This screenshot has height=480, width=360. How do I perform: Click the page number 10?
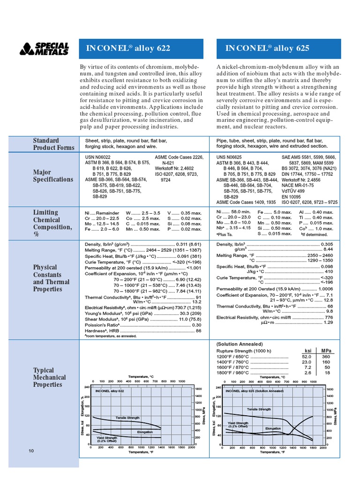click(x=30, y=451)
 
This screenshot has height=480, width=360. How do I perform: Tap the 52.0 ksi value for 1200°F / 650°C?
click(x=307, y=356)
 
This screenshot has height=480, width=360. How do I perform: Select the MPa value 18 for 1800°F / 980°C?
click(x=327, y=373)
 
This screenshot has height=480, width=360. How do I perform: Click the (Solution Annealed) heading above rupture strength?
click(x=239, y=344)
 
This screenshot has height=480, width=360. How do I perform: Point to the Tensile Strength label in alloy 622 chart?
click(x=127, y=417)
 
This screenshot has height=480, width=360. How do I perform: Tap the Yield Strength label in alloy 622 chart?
click(x=107, y=439)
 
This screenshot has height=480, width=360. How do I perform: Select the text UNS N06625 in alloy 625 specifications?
click(x=229, y=157)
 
